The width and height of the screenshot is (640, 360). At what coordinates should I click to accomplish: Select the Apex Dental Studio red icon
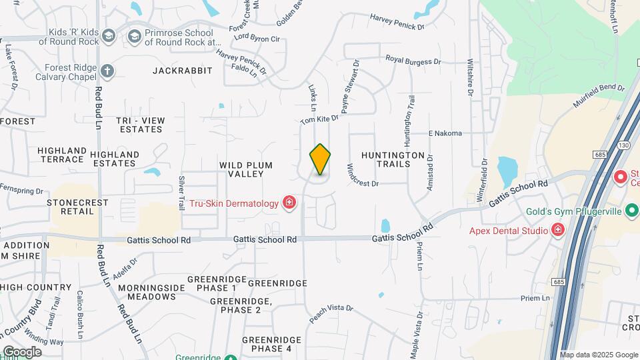558,231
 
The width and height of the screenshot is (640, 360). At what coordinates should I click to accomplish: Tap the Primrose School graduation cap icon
135,35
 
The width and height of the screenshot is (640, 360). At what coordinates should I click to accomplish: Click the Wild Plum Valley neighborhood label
241,169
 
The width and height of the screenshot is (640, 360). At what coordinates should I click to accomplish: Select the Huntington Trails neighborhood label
393,159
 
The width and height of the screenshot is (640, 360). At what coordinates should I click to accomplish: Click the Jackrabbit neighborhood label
182,70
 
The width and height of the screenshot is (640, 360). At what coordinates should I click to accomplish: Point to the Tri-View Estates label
141,125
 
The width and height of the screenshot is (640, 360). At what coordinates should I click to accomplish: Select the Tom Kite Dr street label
319,119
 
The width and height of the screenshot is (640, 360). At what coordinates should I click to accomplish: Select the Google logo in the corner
22,351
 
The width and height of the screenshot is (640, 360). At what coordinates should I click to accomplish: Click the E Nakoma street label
445,133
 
